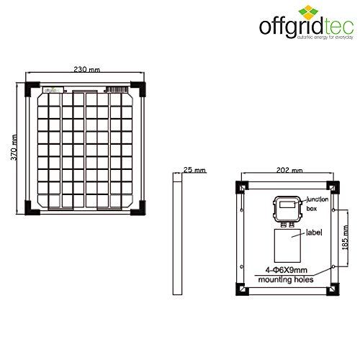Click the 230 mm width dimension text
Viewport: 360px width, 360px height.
pos(86,70)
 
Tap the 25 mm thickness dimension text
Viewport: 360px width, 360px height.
pos(194,171)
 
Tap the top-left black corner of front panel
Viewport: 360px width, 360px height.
pos(31,89)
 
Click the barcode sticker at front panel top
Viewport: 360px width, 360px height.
pos(117,91)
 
